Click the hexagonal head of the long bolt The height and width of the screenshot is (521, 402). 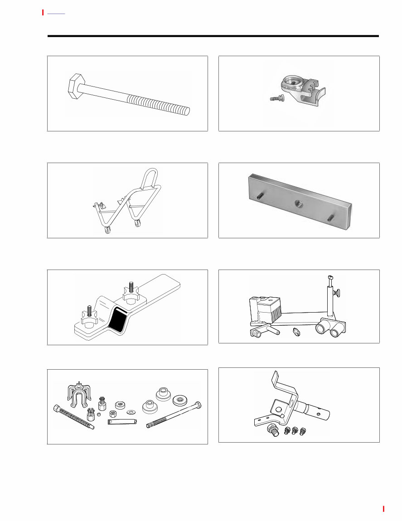tap(75, 86)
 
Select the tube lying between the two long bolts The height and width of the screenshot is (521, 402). tap(122, 422)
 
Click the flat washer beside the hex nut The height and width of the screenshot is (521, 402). tap(131, 412)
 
